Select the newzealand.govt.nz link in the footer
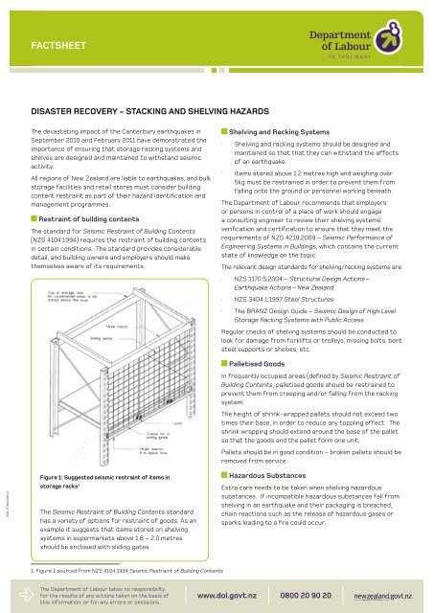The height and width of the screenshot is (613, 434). [x=388, y=595]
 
